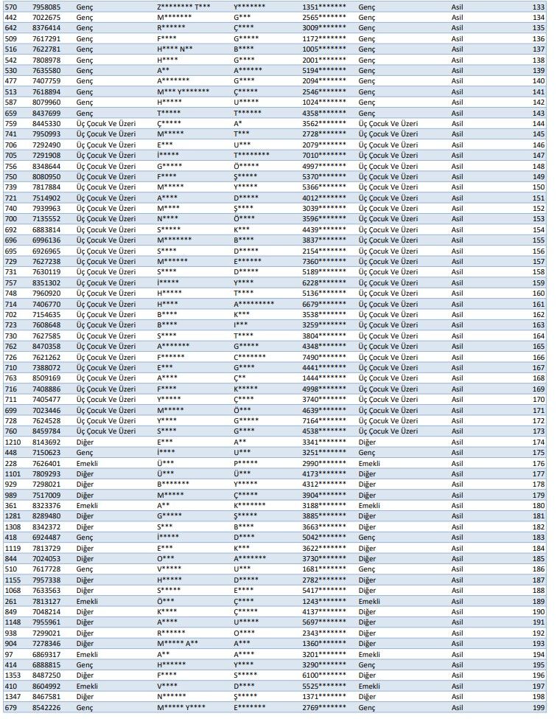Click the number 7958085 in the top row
(x=46, y=7)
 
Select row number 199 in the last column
(x=538, y=708)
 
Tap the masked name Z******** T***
(x=183, y=7)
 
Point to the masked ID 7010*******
(x=324, y=156)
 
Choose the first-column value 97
(x=8, y=655)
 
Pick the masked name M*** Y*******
(x=183, y=92)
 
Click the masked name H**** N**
(x=175, y=49)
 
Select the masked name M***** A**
(x=178, y=644)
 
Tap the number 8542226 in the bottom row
(x=46, y=708)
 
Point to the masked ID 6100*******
(x=324, y=676)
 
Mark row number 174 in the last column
(x=538, y=442)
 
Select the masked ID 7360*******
(x=324, y=262)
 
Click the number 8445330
(x=46, y=124)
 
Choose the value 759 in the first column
(x=11, y=124)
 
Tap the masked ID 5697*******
(x=324, y=622)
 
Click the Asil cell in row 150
(x=458, y=187)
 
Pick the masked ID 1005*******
(x=324, y=49)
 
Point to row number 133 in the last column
(x=538, y=7)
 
